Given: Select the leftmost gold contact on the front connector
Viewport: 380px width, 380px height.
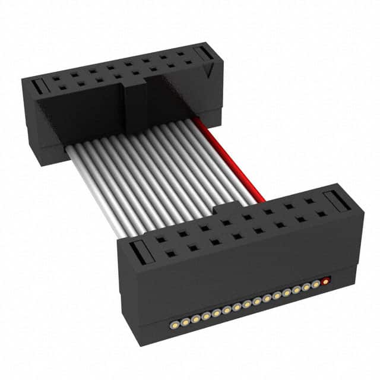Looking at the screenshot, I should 175,324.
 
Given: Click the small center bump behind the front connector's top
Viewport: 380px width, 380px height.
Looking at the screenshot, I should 226,208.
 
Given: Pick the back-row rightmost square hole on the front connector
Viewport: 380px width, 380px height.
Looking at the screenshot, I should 309,201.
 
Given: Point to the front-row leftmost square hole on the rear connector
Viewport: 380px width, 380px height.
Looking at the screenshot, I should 62,88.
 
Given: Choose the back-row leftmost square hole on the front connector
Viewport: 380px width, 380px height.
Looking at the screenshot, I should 161,240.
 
